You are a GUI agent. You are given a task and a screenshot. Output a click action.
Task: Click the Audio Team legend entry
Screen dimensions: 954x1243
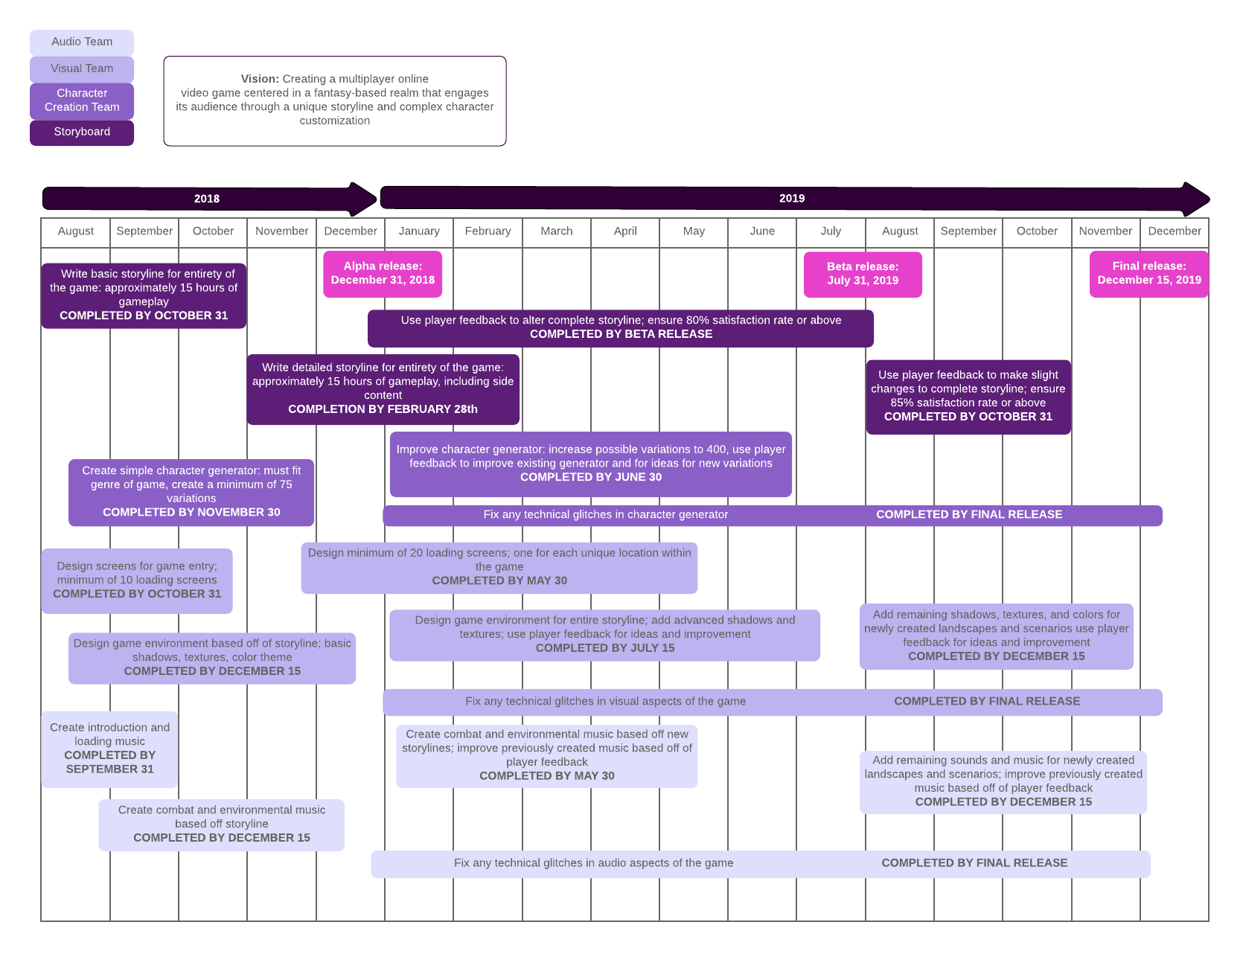click(82, 42)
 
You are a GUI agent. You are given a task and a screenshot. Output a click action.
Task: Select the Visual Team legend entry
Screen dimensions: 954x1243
click(82, 68)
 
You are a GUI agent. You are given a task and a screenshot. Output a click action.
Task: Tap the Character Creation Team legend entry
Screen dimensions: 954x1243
click(82, 100)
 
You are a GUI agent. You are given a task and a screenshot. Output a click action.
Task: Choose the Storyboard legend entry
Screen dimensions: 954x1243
click(82, 132)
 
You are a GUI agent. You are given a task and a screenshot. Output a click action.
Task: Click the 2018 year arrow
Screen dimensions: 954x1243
click(207, 199)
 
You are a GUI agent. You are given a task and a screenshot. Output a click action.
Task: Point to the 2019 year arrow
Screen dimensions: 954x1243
click(792, 199)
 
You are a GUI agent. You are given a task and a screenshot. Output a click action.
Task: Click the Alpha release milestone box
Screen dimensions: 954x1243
click(383, 273)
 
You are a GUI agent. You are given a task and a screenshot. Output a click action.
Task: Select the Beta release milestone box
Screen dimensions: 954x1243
click(863, 274)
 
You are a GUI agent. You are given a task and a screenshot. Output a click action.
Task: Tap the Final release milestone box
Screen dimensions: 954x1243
click(1148, 273)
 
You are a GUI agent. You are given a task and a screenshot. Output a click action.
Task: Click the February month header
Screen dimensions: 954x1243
click(488, 231)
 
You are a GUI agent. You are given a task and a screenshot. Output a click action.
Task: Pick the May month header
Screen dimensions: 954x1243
click(694, 231)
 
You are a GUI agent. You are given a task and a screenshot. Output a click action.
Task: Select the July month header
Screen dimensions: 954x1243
click(831, 231)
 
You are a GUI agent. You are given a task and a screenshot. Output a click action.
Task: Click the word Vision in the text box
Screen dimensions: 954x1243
click(259, 79)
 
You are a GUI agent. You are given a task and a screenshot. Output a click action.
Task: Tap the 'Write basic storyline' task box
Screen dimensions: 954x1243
click(144, 295)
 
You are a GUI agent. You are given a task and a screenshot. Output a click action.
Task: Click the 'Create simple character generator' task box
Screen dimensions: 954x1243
click(191, 491)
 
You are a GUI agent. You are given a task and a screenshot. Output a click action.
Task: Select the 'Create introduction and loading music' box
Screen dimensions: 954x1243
click(109, 749)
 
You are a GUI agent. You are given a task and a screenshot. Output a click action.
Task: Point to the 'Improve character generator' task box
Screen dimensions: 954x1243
click(590, 464)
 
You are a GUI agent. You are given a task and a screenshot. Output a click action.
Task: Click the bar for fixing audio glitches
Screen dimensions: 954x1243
click(760, 863)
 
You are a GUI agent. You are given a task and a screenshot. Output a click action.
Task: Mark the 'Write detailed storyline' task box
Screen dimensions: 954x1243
click(383, 388)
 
